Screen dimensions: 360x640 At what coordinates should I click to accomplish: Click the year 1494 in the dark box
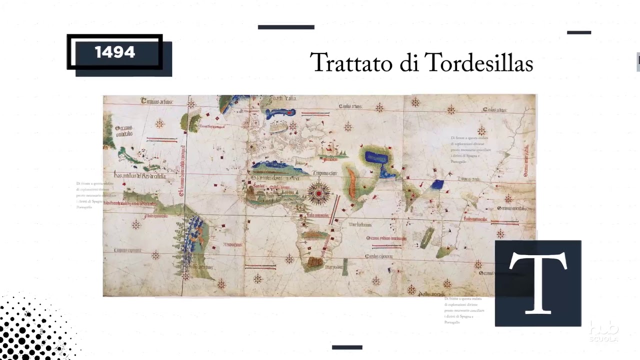coord(114,52)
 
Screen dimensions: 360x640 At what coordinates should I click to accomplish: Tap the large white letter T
coord(538,282)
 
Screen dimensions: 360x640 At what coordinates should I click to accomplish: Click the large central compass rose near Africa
coord(319,193)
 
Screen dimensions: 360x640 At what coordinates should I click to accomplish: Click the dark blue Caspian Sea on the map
coord(376,157)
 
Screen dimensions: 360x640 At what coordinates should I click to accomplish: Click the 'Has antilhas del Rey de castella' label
coord(139,175)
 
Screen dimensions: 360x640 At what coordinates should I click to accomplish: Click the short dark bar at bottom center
coord(347,347)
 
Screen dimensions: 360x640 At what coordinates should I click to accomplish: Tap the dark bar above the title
coord(286,27)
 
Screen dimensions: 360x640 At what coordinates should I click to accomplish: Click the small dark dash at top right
coord(579,32)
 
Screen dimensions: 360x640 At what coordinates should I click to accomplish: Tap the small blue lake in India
coord(437,184)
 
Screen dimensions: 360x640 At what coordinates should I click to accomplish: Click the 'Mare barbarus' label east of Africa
coord(359,224)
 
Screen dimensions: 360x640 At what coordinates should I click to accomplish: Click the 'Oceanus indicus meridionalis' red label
coord(385,238)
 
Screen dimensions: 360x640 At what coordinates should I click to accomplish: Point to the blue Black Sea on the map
coord(281,113)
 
